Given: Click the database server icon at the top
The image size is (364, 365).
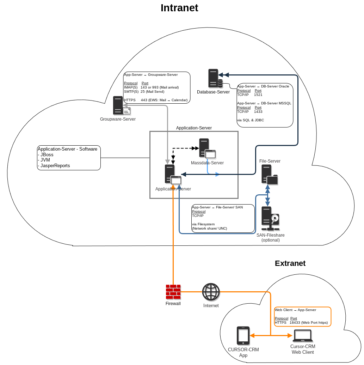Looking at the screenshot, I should click(x=215, y=78).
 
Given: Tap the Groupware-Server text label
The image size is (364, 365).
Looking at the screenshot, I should click(x=118, y=119).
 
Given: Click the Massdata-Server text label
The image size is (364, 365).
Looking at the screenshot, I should click(x=207, y=163).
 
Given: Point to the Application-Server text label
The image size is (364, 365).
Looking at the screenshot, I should click(x=173, y=189).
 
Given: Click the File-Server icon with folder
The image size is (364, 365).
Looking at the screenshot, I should click(x=269, y=175).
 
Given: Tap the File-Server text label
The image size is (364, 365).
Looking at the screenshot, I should click(x=270, y=161).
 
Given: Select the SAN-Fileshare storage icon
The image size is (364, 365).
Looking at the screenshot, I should click(x=270, y=218).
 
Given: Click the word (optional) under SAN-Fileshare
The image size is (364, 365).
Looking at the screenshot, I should click(x=270, y=240).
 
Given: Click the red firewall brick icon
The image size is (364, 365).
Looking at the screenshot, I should click(x=173, y=292).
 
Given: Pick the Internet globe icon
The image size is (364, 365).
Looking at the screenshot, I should click(x=211, y=292).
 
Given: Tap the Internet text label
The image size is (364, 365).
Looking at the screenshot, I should click(x=211, y=306).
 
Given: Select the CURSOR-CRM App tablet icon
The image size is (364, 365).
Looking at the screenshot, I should click(x=243, y=335).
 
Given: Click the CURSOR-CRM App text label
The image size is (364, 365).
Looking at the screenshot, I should click(x=243, y=352).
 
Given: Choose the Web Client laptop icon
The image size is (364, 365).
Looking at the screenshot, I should click(x=302, y=336).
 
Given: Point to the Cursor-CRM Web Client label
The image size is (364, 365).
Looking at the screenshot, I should click(x=302, y=349).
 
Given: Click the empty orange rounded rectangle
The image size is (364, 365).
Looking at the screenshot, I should click(x=303, y=317).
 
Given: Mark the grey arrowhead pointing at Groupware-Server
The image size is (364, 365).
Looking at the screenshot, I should click(x=125, y=105).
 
